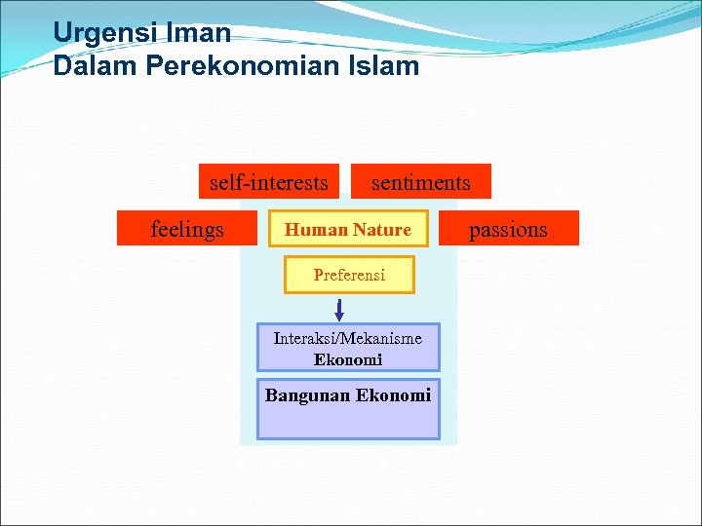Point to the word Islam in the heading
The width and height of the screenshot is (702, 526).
[x=387, y=66]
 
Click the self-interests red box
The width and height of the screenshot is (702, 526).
[x=268, y=181]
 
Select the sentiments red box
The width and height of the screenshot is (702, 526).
[x=420, y=181]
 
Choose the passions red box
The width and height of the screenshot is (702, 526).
[x=508, y=228]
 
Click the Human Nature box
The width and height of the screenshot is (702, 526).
[x=348, y=230]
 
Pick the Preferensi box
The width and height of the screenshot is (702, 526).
[x=349, y=275]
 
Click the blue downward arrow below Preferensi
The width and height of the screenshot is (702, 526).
[x=338, y=310]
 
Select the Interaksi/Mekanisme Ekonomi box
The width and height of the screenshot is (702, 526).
[x=348, y=348]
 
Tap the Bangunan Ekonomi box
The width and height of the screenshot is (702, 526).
[x=348, y=408]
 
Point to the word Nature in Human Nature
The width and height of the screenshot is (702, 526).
[x=382, y=230]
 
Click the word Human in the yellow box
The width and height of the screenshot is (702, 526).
[x=316, y=230]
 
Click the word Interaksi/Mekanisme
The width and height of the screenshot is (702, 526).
[x=348, y=338]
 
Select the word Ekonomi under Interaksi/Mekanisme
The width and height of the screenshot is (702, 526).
[x=348, y=359]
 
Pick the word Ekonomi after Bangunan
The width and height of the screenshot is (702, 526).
[x=393, y=394]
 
